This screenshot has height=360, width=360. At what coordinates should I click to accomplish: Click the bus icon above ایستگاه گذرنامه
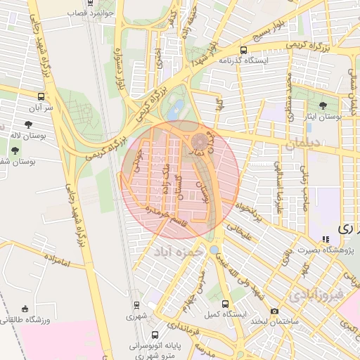point(243,51)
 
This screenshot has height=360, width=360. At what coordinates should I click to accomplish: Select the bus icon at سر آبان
point(41,96)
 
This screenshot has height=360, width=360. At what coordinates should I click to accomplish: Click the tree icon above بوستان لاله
point(28,124)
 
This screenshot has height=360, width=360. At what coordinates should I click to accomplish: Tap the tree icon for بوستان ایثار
point(323,105)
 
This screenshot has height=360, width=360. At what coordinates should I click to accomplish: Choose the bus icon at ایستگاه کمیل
point(224,304)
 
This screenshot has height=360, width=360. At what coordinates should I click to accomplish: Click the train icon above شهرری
point(136,305)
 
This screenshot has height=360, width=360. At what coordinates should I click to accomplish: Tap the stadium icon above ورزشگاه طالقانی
point(26,309)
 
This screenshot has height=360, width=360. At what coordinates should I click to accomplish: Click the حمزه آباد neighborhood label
point(181,250)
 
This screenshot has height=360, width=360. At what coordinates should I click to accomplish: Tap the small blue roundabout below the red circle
point(213,250)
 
